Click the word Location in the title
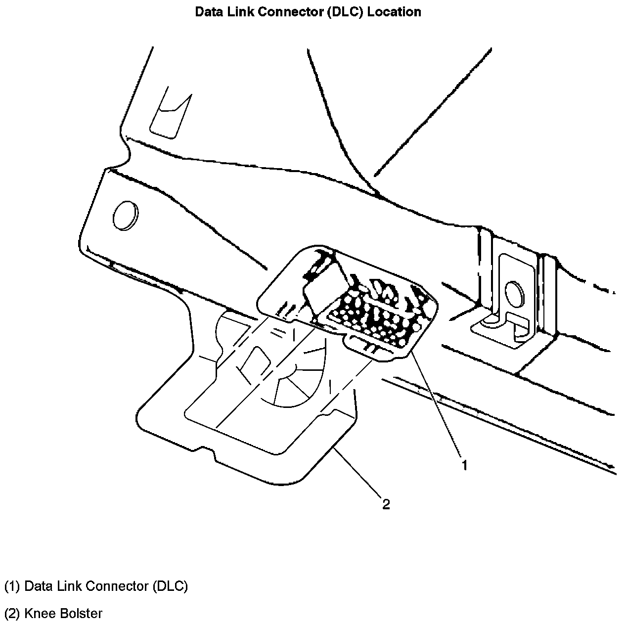(395, 12)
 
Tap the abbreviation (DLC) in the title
(345, 12)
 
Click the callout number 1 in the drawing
(464, 465)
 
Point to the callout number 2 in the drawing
(386, 504)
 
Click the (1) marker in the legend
(12, 586)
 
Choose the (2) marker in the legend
(12, 614)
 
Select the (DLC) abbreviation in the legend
(170, 586)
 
